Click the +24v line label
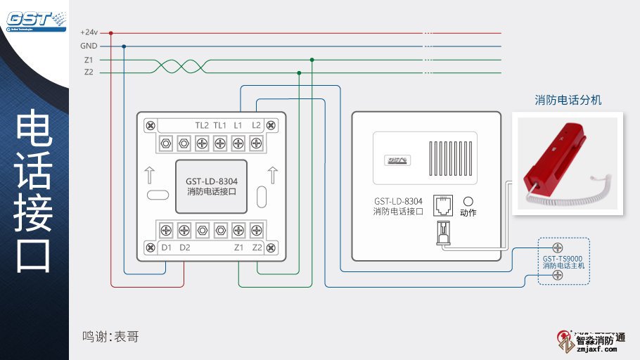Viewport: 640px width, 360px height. (x=89, y=32)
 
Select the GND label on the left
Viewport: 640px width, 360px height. (x=89, y=46)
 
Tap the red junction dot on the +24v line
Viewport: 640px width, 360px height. (x=110, y=32)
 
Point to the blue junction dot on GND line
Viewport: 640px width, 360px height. (x=124, y=46)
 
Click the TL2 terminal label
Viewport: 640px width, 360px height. (x=202, y=125)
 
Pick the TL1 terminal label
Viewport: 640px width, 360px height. (x=220, y=125)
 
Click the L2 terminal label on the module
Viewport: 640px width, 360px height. (x=256, y=125)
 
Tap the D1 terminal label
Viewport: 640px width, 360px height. (x=166, y=247)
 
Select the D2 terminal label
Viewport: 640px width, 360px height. (x=184, y=247)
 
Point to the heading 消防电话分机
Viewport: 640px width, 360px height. (x=568, y=101)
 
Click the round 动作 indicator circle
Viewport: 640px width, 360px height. (x=467, y=200)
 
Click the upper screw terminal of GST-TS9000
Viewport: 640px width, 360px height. (x=558, y=247)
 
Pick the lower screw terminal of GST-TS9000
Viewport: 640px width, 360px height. (x=558, y=275)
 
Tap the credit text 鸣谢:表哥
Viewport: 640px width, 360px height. (x=110, y=337)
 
